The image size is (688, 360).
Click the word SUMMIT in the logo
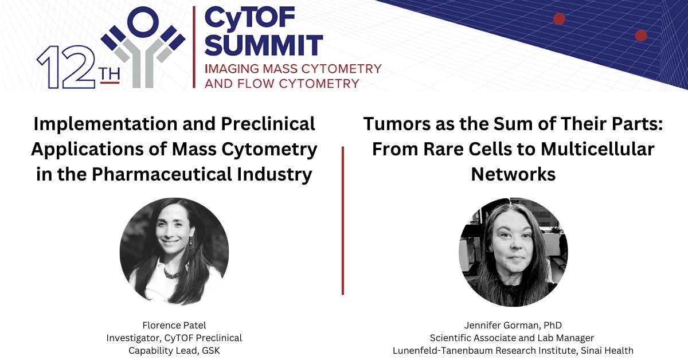[x=263, y=45]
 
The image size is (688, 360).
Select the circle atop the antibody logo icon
[x=142, y=23]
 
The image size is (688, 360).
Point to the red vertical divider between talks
[x=343, y=221]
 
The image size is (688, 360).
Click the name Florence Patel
[x=174, y=326]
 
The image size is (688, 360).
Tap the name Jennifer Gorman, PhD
[x=513, y=326]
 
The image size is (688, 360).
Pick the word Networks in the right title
[x=513, y=174]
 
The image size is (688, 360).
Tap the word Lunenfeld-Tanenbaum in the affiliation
[x=452, y=351]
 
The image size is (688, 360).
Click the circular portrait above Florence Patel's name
[x=174, y=252]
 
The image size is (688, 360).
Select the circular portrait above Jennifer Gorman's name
[x=513, y=252]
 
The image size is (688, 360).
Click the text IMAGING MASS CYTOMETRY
[x=293, y=69]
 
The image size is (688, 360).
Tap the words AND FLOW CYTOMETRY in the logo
[x=282, y=84]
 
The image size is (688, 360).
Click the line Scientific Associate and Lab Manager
[x=513, y=338]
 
